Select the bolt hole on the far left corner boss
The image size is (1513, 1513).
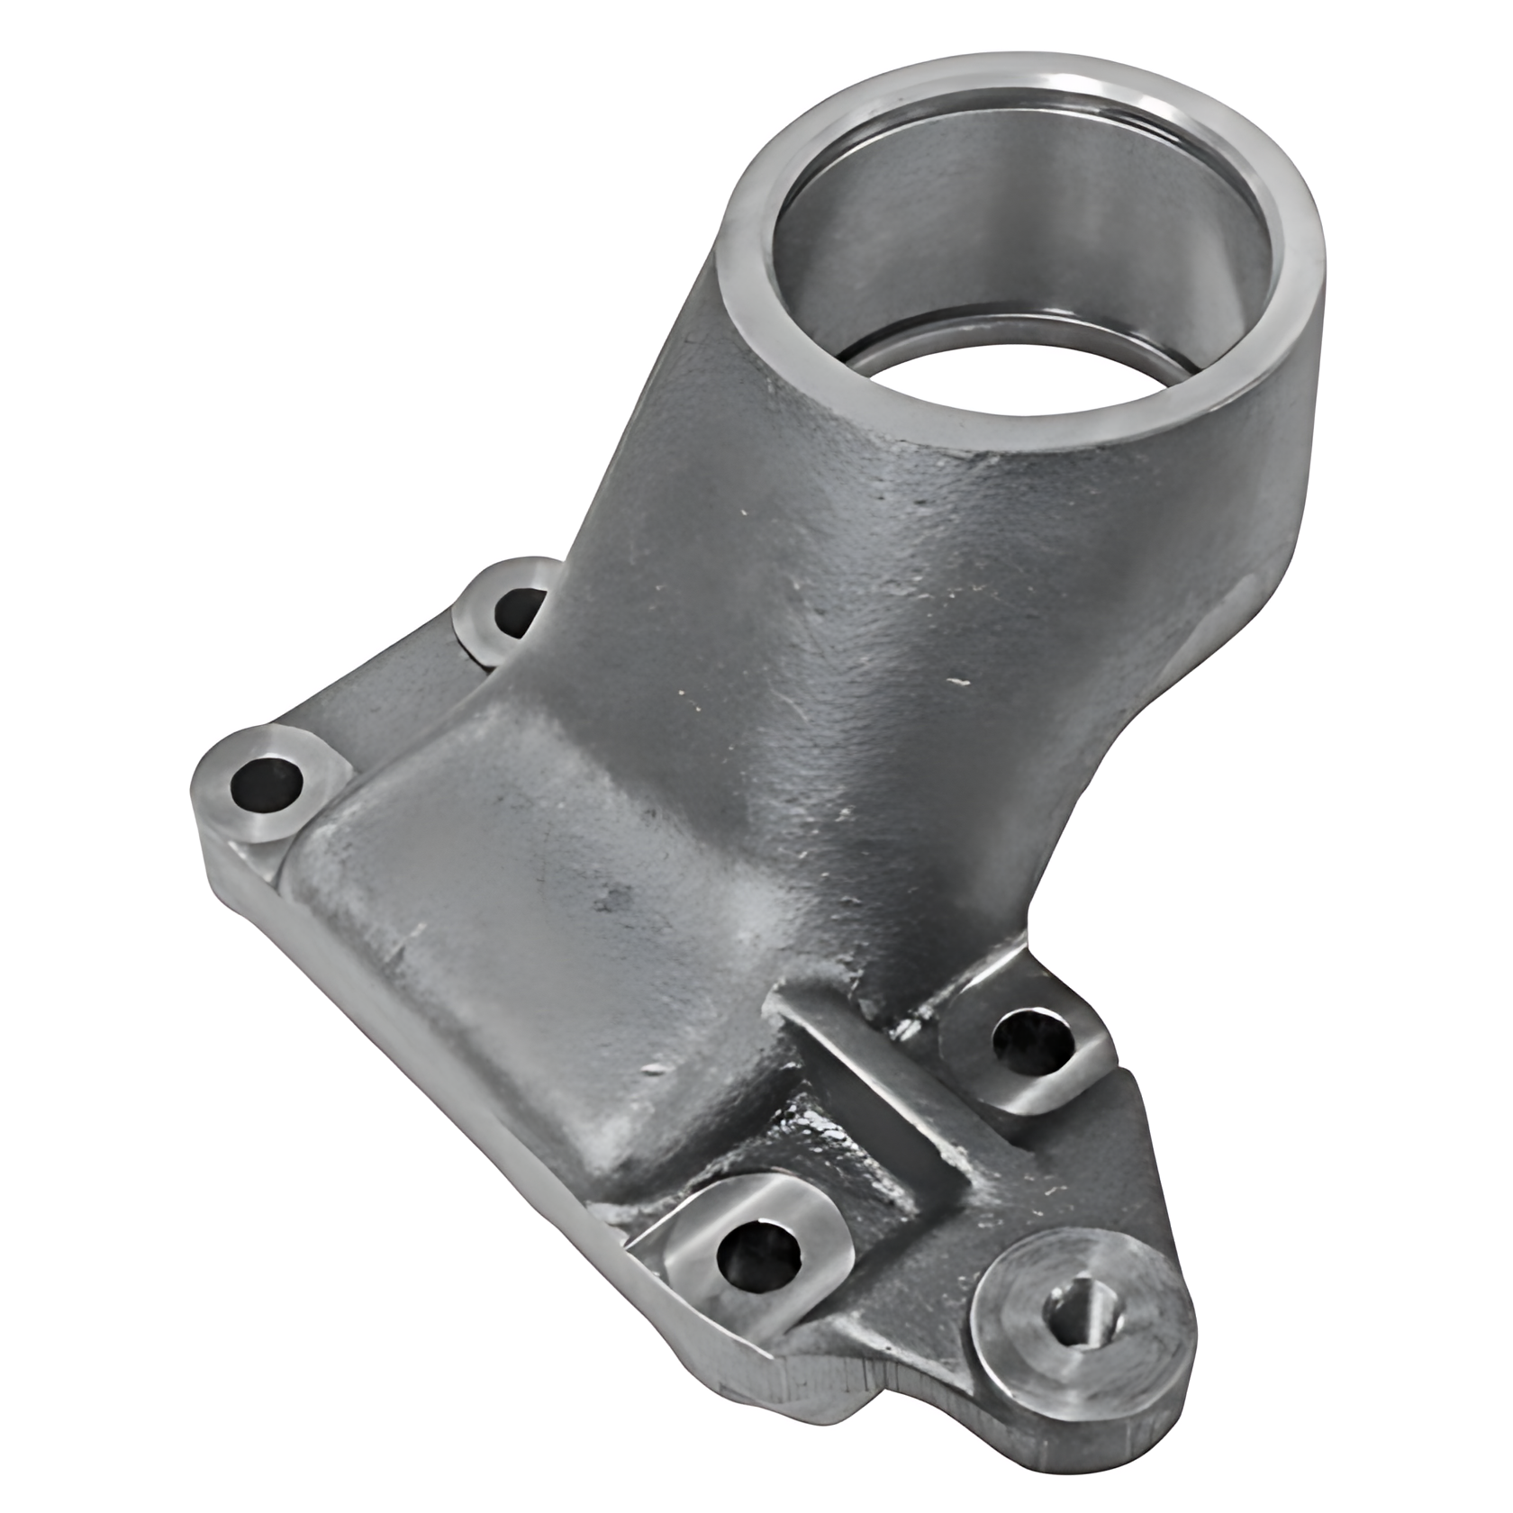coord(267,782)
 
